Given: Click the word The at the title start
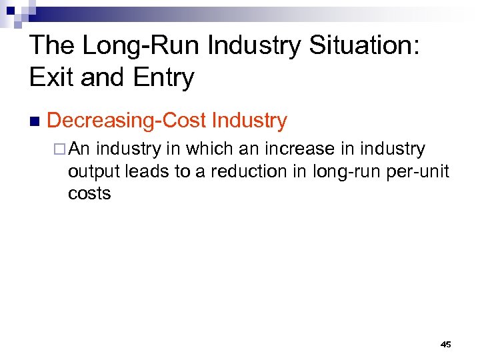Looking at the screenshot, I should pyautogui.click(x=52, y=46).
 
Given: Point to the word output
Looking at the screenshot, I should pyautogui.click(x=91, y=172).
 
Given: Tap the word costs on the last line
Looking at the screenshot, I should pyautogui.click(x=89, y=194).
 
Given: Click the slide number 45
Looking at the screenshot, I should pyautogui.click(x=446, y=344).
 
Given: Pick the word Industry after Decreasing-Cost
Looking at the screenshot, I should pyautogui.click(x=249, y=121).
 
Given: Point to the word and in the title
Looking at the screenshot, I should pyautogui.click(x=97, y=78).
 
